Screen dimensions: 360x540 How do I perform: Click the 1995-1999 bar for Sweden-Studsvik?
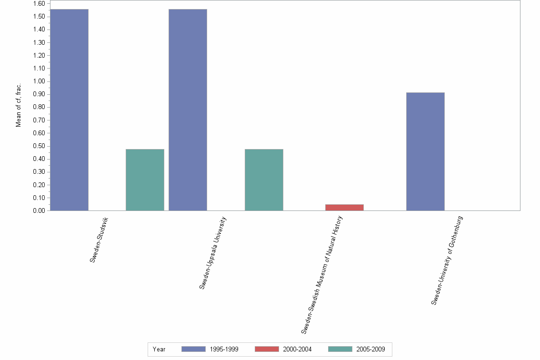[x=69, y=110]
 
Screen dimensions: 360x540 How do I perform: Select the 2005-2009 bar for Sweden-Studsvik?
[x=145, y=180]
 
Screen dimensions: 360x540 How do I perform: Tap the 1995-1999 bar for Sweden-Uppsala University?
[x=188, y=110]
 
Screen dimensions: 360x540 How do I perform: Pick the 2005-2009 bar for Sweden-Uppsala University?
[x=264, y=180]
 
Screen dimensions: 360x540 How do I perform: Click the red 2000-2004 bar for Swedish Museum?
[x=344, y=207]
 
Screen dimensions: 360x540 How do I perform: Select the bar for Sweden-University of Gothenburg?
[x=425, y=151]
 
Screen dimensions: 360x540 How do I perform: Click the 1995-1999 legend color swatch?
[x=193, y=349]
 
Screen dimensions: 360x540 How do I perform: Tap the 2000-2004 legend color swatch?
[x=267, y=349]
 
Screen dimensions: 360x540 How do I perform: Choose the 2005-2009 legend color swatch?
[x=340, y=349]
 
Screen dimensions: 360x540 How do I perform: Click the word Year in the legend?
[x=159, y=350]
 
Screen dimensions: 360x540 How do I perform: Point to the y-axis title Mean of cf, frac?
[x=19, y=106]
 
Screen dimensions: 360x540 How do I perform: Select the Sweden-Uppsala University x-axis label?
[x=213, y=253]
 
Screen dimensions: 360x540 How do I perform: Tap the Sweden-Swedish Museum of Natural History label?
[x=322, y=275]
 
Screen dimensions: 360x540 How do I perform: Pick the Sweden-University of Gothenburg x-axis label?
[x=447, y=260]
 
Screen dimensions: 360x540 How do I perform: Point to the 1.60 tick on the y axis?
[x=39, y=4]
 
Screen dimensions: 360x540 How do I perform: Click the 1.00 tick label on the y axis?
[x=39, y=81]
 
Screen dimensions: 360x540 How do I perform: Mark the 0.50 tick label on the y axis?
[x=39, y=146]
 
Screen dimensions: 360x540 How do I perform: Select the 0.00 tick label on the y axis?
[x=39, y=210]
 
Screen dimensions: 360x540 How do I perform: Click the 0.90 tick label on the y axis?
[x=39, y=94]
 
